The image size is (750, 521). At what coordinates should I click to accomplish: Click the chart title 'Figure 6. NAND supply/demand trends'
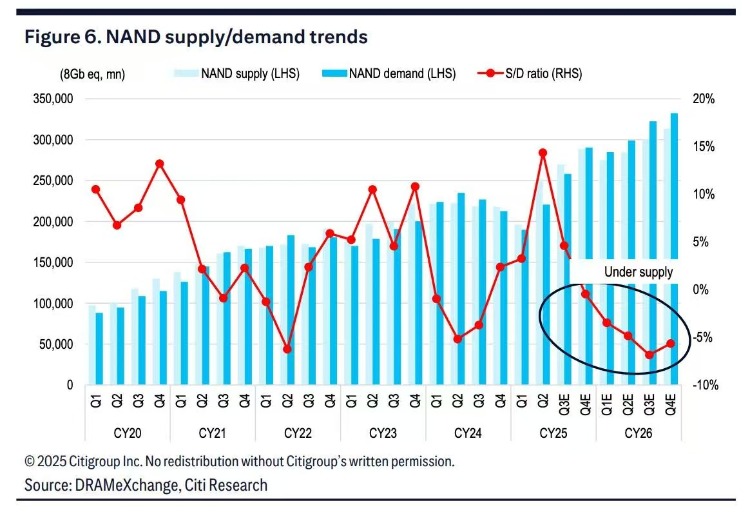196,37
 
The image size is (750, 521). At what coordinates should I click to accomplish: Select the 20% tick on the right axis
702,99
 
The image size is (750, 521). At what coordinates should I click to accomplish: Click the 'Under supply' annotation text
638,272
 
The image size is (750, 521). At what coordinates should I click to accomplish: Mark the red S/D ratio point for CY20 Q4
160,164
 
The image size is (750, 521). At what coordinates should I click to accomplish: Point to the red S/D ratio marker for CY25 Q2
543,153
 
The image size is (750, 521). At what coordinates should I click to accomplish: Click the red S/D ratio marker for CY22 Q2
287,349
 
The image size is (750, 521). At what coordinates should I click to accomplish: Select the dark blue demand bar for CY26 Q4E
675,249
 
